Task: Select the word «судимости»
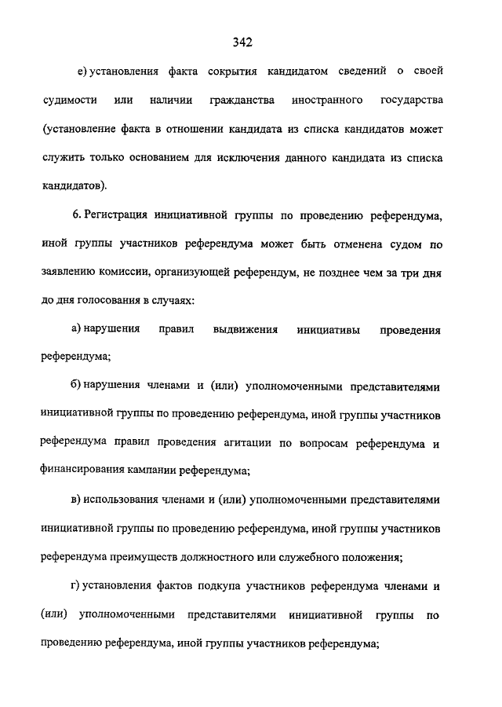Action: (x=71, y=101)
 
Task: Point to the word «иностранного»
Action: (x=326, y=101)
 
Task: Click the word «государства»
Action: (x=412, y=101)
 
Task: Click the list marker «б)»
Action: (x=77, y=387)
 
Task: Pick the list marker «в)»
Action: (x=76, y=501)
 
